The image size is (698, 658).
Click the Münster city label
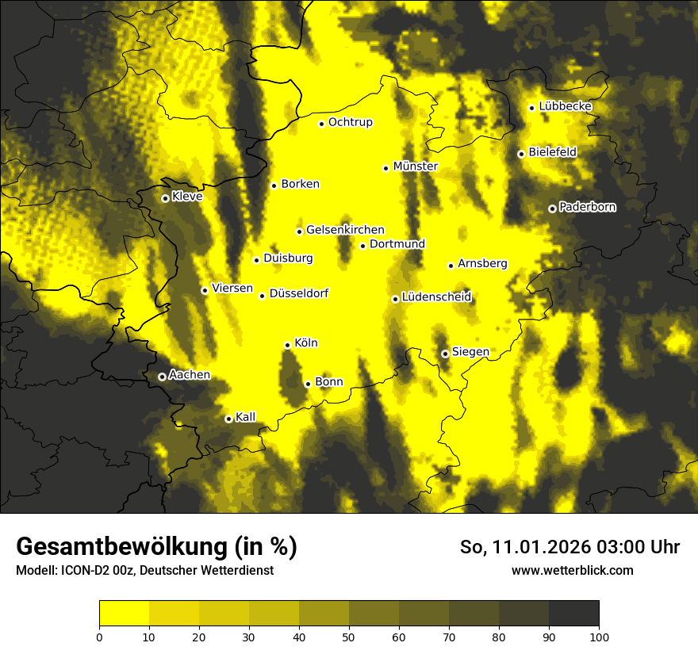(416, 166)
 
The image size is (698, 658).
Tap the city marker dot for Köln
(287, 345)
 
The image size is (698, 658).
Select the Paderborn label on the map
(587, 207)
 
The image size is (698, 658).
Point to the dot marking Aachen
(162, 377)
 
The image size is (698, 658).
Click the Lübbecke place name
(565, 106)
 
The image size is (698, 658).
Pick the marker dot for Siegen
(445, 354)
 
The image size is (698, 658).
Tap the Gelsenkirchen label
(345, 230)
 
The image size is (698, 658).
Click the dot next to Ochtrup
(321, 124)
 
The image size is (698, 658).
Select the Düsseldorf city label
(299, 293)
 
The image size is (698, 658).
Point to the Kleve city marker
(165, 198)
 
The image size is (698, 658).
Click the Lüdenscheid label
(436, 297)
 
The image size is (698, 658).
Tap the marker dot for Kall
(228, 419)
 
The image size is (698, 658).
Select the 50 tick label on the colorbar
(349, 636)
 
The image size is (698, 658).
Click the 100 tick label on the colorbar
(599, 636)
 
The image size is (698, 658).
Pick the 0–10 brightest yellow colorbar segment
(124, 614)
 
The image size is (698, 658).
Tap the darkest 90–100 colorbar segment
(573, 614)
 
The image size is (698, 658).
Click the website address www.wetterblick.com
(572, 570)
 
